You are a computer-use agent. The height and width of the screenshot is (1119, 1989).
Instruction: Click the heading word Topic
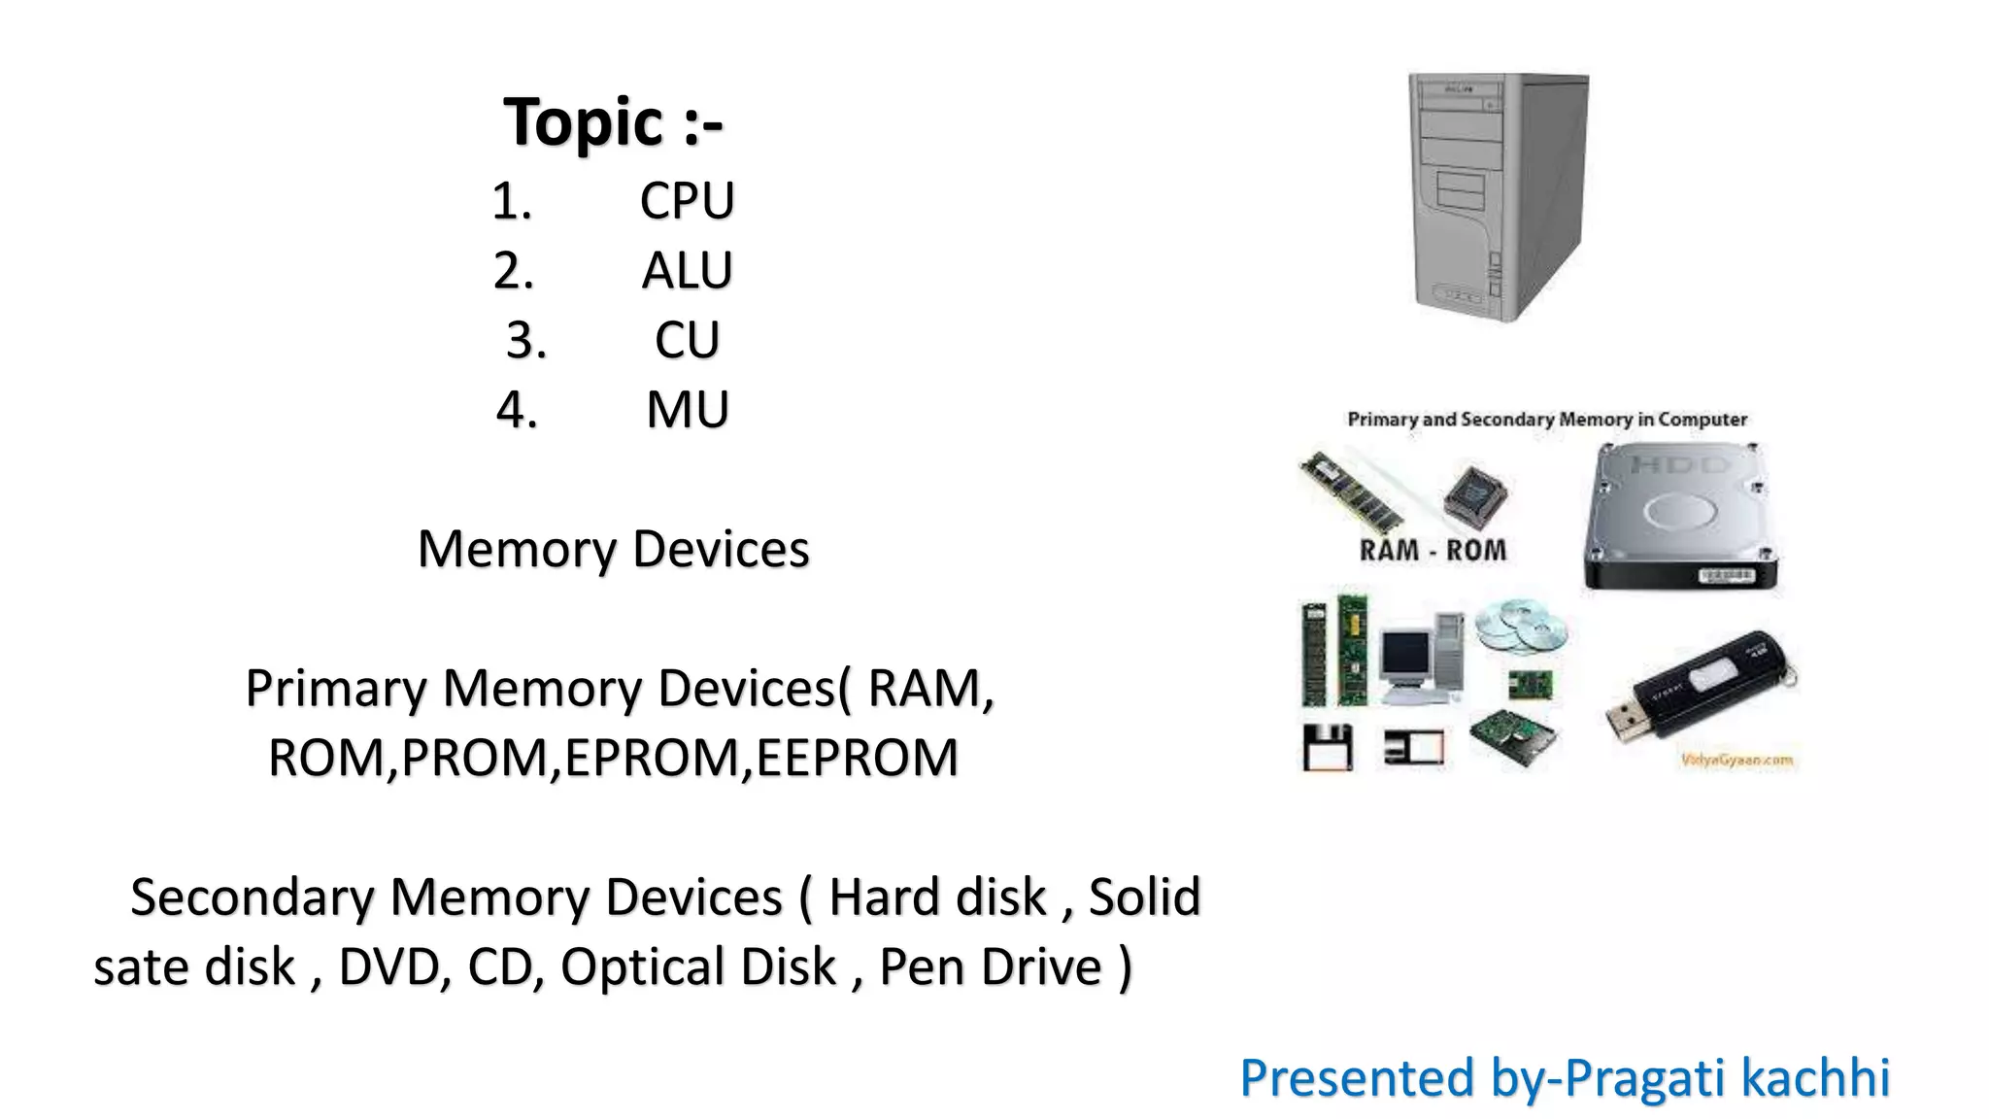(583, 123)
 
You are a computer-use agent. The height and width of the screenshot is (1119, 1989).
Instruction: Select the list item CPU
(687, 201)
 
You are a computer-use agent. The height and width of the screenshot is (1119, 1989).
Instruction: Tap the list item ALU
(687, 271)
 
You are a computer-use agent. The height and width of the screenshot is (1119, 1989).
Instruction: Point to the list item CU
(687, 341)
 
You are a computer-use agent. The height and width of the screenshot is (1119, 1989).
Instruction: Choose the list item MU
(688, 410)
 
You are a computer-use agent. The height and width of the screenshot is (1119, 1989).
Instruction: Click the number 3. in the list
(526, 341)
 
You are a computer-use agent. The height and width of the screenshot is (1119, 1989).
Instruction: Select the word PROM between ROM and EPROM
(475, 758)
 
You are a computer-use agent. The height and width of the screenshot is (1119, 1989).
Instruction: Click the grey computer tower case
(1499, 197)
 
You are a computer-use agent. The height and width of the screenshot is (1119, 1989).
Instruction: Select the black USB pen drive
(1700, 685)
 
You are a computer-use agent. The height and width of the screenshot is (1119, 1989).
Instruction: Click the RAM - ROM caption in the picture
(1433, 551)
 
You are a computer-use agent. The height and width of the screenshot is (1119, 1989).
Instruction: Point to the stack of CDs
(1520, 626)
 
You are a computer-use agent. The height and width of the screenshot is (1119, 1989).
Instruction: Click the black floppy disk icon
(1327, 747)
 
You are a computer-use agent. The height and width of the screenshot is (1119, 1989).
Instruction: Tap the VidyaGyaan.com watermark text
(1736, 760)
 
